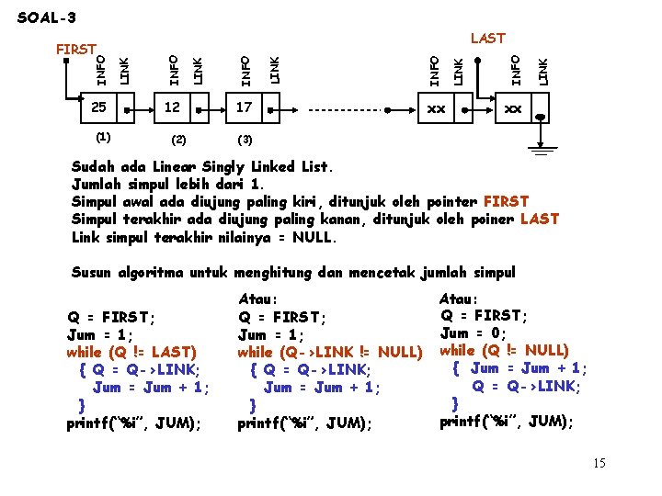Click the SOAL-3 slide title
[47, 17]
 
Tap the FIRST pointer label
[76, 49]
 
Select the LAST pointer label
[487, 38]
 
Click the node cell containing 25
[98, 108]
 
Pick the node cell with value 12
[173, 108]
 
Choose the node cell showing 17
[243, 108]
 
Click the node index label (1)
[103, 137]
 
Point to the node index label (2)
[178, 141]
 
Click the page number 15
[599, 463]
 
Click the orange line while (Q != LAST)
[131, 352]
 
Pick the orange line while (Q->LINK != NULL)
[329, 352]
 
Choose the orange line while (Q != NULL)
[505, 350]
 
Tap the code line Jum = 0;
[475, 333]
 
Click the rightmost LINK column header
[543, 71]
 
